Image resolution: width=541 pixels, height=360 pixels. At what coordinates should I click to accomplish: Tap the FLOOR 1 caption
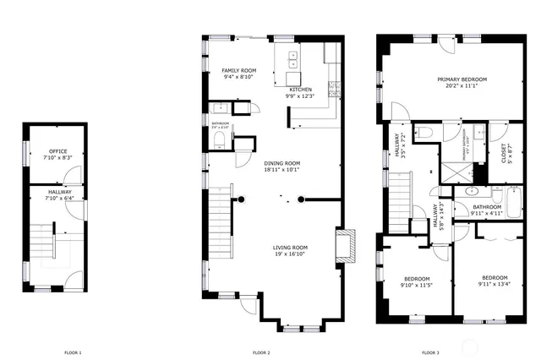tap(73, 352)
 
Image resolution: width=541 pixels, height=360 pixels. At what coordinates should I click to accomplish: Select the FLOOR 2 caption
tap(261, 352)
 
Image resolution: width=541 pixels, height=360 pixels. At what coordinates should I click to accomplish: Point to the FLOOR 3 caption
tap(430, 352)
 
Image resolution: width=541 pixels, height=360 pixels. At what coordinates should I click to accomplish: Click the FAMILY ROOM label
tap(239, 70)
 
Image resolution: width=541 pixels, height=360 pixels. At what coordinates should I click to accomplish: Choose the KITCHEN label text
tap(301, 90)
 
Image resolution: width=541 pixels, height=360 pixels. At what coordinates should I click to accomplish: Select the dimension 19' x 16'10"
tap(288, 254)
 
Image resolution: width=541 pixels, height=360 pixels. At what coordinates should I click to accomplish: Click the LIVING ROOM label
tap(288, 248)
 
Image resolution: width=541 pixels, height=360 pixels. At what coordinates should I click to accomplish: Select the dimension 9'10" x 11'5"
tap(417, 286)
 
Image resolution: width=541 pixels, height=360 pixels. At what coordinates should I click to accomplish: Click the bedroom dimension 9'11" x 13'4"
tap(495, 284)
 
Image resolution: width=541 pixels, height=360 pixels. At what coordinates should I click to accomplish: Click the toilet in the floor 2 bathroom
tap(221, 140)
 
